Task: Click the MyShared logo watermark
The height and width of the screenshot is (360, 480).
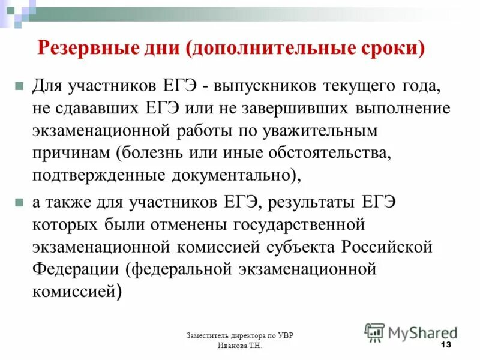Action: point(411,332)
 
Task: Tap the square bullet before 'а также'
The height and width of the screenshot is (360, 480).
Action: point(19,203)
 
